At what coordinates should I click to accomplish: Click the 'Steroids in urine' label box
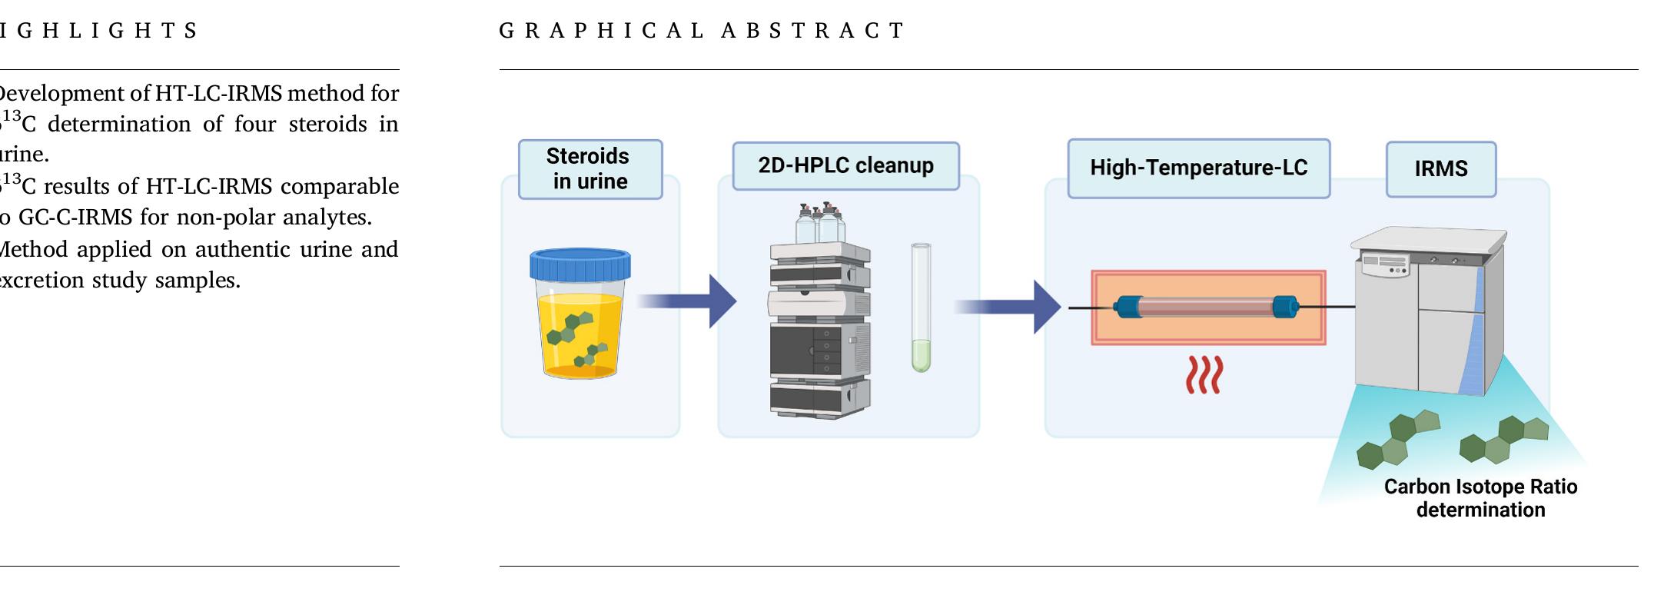[x=590, y=169]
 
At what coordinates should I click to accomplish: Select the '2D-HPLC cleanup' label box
[x=845, y=166]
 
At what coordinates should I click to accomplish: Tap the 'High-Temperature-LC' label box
[x=1198, y=168]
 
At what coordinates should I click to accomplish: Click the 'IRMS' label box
[x=1440, y=169]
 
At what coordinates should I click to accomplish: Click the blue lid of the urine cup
[x=580, y=264]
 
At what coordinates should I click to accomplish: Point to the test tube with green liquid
[x=921, y=307]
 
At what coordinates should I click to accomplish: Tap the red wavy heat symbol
[x=1204, y=375]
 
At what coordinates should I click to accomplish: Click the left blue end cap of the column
[x=1128, y=307]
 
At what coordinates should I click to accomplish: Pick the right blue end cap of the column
[x=1285, y=307]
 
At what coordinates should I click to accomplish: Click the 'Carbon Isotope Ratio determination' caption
[x=1480, y=498]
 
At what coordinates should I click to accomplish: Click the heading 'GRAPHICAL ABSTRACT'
[x=702, y=31]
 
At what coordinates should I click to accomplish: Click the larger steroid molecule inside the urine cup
[x=570, y=328]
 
